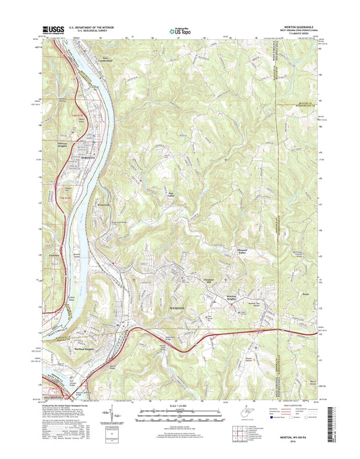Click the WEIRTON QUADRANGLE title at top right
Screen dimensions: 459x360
pyautogui.click(x=296, y=26)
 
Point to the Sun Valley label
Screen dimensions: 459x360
pyautogui.click(x=171, y=197)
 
